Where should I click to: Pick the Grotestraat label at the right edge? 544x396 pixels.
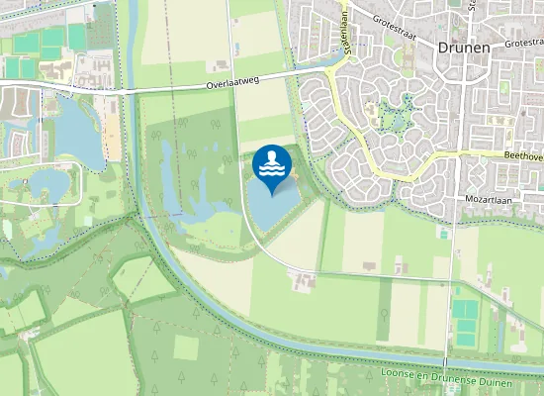pos(524,43)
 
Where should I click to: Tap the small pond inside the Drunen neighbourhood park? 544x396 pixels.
pos(397,120)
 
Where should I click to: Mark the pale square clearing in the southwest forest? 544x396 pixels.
pos(186,347)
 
